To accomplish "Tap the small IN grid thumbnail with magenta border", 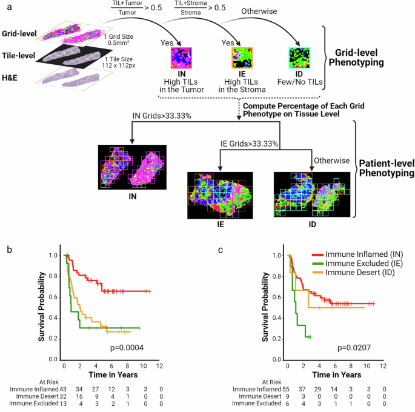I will pyautogui.click(x=181, y=59).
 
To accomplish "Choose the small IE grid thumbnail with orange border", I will pyautogui.click(x=241, y=59).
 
